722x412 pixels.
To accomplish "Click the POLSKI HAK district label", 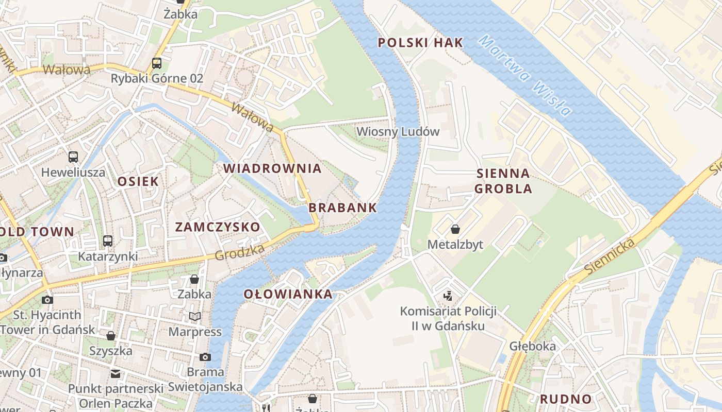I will coord(420,43).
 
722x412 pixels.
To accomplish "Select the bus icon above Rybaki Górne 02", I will coord(157,63).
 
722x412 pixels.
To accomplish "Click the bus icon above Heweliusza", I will coord(73,157).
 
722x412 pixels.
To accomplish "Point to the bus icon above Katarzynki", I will coord(107,241).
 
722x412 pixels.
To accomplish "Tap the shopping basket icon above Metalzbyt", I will coord(455,229).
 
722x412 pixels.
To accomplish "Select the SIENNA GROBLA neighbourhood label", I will coord(503,181).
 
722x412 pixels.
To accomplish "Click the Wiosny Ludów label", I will coord(398,132).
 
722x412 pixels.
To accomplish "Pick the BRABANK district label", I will coord(342,208).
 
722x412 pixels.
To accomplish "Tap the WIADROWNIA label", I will coord(272,168).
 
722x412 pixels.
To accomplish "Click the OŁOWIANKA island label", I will coord(288,295).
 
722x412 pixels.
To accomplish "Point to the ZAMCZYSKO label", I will coord(217,227).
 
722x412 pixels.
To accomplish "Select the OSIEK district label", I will coord(138,181).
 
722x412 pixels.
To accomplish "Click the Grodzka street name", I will coord(239,252).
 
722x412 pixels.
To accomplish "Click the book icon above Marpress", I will coord(194,316).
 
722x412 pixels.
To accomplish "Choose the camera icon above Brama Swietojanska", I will coord(205,357).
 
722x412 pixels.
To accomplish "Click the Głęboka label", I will coord(532,346).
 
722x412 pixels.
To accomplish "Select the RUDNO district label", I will coord(565,399).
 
